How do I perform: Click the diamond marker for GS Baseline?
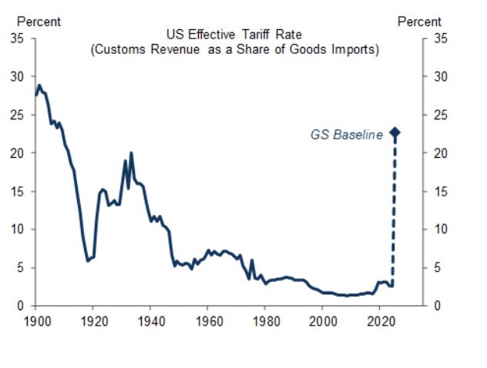[x=395, y=133]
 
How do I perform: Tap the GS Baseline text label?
[x=346, y=134]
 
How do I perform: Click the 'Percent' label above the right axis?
[x=419, y=22]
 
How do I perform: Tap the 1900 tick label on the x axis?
[x=35, y=319]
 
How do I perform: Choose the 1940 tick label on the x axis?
[x=150, y=319]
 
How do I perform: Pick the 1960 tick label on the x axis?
[x=208, y=319]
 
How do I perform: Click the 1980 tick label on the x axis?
[x=266, y=319]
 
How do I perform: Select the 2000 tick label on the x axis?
[x=324, y=319]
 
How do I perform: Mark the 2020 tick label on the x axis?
[x=381, y=319]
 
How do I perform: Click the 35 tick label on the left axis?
[x=17, y=38]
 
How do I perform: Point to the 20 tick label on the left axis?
[x=17, y=153]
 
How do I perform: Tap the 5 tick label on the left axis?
[x=20, y=268]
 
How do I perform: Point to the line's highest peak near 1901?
[x=39, y=85]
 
